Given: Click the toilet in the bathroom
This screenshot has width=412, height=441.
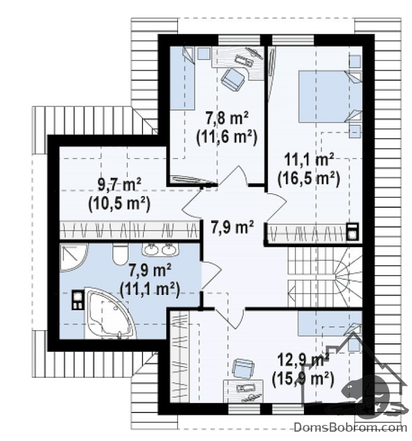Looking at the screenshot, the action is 120,254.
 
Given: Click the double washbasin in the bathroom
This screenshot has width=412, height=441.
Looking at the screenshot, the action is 160,249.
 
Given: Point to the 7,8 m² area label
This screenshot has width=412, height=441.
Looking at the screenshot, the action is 227,118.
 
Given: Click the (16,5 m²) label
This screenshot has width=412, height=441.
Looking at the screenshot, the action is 309,179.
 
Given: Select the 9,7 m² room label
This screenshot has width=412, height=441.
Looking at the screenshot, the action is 119,184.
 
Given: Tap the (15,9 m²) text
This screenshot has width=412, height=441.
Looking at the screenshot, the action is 303,379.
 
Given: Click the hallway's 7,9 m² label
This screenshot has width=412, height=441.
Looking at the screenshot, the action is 232,227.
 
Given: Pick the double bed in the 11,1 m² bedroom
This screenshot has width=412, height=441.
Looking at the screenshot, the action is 330,97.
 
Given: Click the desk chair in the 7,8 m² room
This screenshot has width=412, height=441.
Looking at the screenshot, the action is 232,79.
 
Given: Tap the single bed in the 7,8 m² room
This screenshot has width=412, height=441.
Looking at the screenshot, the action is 183,78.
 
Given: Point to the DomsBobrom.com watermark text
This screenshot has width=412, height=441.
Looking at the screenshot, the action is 350,428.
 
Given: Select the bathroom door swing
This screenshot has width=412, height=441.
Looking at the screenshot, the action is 211,275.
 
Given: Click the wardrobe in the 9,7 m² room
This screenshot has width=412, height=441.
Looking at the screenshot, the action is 130,230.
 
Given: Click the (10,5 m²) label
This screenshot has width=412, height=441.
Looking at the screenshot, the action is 119,204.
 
